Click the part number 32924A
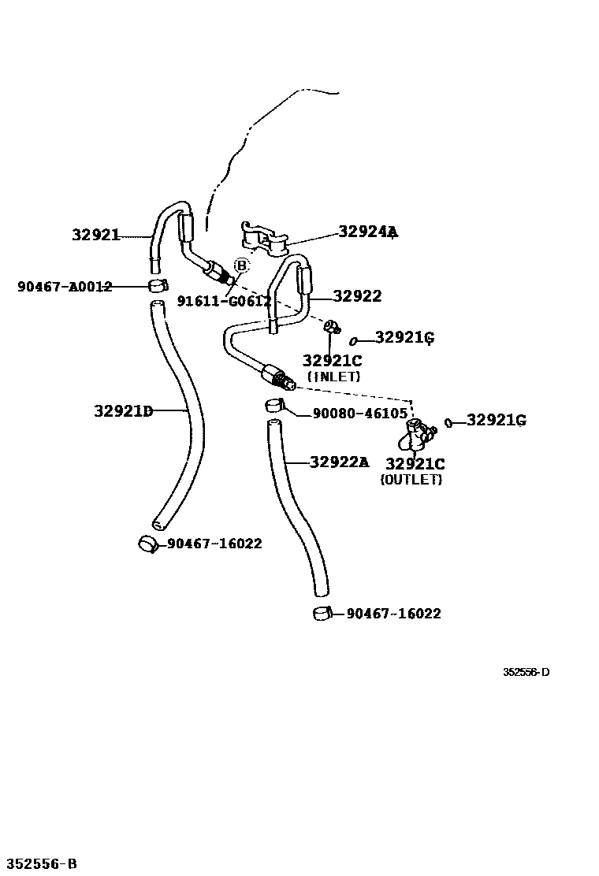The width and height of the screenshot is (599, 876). tap(368, 232)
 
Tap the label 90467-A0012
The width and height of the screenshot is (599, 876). tap(65, 287)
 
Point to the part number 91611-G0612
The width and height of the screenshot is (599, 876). tap(224, 301)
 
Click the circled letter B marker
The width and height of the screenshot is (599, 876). tap(241, 265)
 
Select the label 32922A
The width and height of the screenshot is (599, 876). tap(339, 462)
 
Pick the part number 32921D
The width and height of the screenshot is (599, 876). tap(123, 410)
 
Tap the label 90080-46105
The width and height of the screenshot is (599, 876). tap(360, 414)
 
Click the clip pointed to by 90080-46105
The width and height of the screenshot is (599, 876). tap(273, 406)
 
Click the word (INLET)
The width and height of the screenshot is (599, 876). tap(333, 377)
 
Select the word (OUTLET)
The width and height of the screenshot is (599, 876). tap(411, 479)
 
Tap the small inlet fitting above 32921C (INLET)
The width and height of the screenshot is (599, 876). tap(332, 325)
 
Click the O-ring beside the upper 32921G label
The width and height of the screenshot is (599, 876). tap(355, 340)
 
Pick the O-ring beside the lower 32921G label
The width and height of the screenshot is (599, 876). tap(448, 423)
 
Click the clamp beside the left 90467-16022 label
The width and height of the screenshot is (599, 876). tap(148, 544)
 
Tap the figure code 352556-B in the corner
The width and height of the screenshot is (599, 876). tap(40, 864)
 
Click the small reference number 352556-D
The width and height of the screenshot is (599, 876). tap(526, 672)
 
